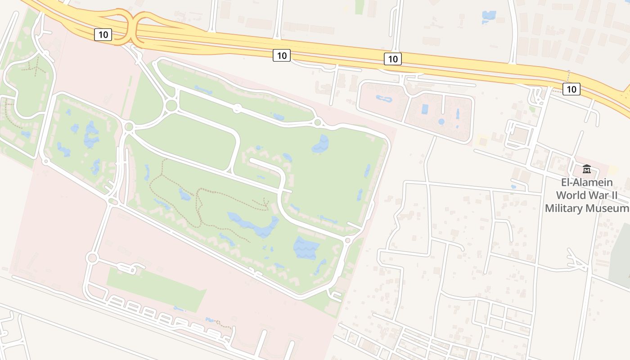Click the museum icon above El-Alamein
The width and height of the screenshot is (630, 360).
[587, 169]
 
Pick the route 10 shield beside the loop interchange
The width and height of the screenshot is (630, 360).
[103, 35]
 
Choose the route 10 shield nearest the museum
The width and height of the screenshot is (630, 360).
[571, 89]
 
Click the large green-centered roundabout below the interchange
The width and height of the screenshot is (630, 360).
[171, 106]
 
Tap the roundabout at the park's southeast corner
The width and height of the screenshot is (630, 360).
[347, 241]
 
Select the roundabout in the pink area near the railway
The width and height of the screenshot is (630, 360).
[92, 258]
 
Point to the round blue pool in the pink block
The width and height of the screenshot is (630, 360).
[441, 121]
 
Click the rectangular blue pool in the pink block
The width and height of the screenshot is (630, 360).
[425, 109]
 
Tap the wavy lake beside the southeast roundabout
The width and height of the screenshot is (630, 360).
[306, 248]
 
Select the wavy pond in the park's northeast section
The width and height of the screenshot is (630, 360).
[320, 144]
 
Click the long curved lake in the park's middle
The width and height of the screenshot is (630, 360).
[254, 225]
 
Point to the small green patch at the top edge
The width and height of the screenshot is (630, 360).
[359, 6]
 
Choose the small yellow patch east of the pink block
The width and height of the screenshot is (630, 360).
[482, 140]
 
